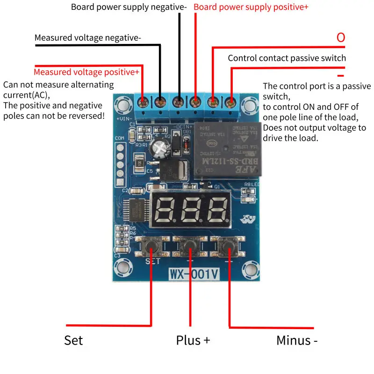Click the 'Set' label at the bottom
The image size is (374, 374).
[73, 340]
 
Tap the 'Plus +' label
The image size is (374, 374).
[193, 340]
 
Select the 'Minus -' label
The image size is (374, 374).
[297, 340]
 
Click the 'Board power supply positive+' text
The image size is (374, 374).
[251, 7]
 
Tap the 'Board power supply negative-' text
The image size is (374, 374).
[129, 7]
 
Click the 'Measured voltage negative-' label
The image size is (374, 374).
[87, 38]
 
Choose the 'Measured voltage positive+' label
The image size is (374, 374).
[86, 72]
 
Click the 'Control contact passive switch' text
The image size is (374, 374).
[287, 58]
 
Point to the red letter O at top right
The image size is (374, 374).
[341, 38]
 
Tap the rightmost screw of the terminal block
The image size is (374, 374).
[230, 101]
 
